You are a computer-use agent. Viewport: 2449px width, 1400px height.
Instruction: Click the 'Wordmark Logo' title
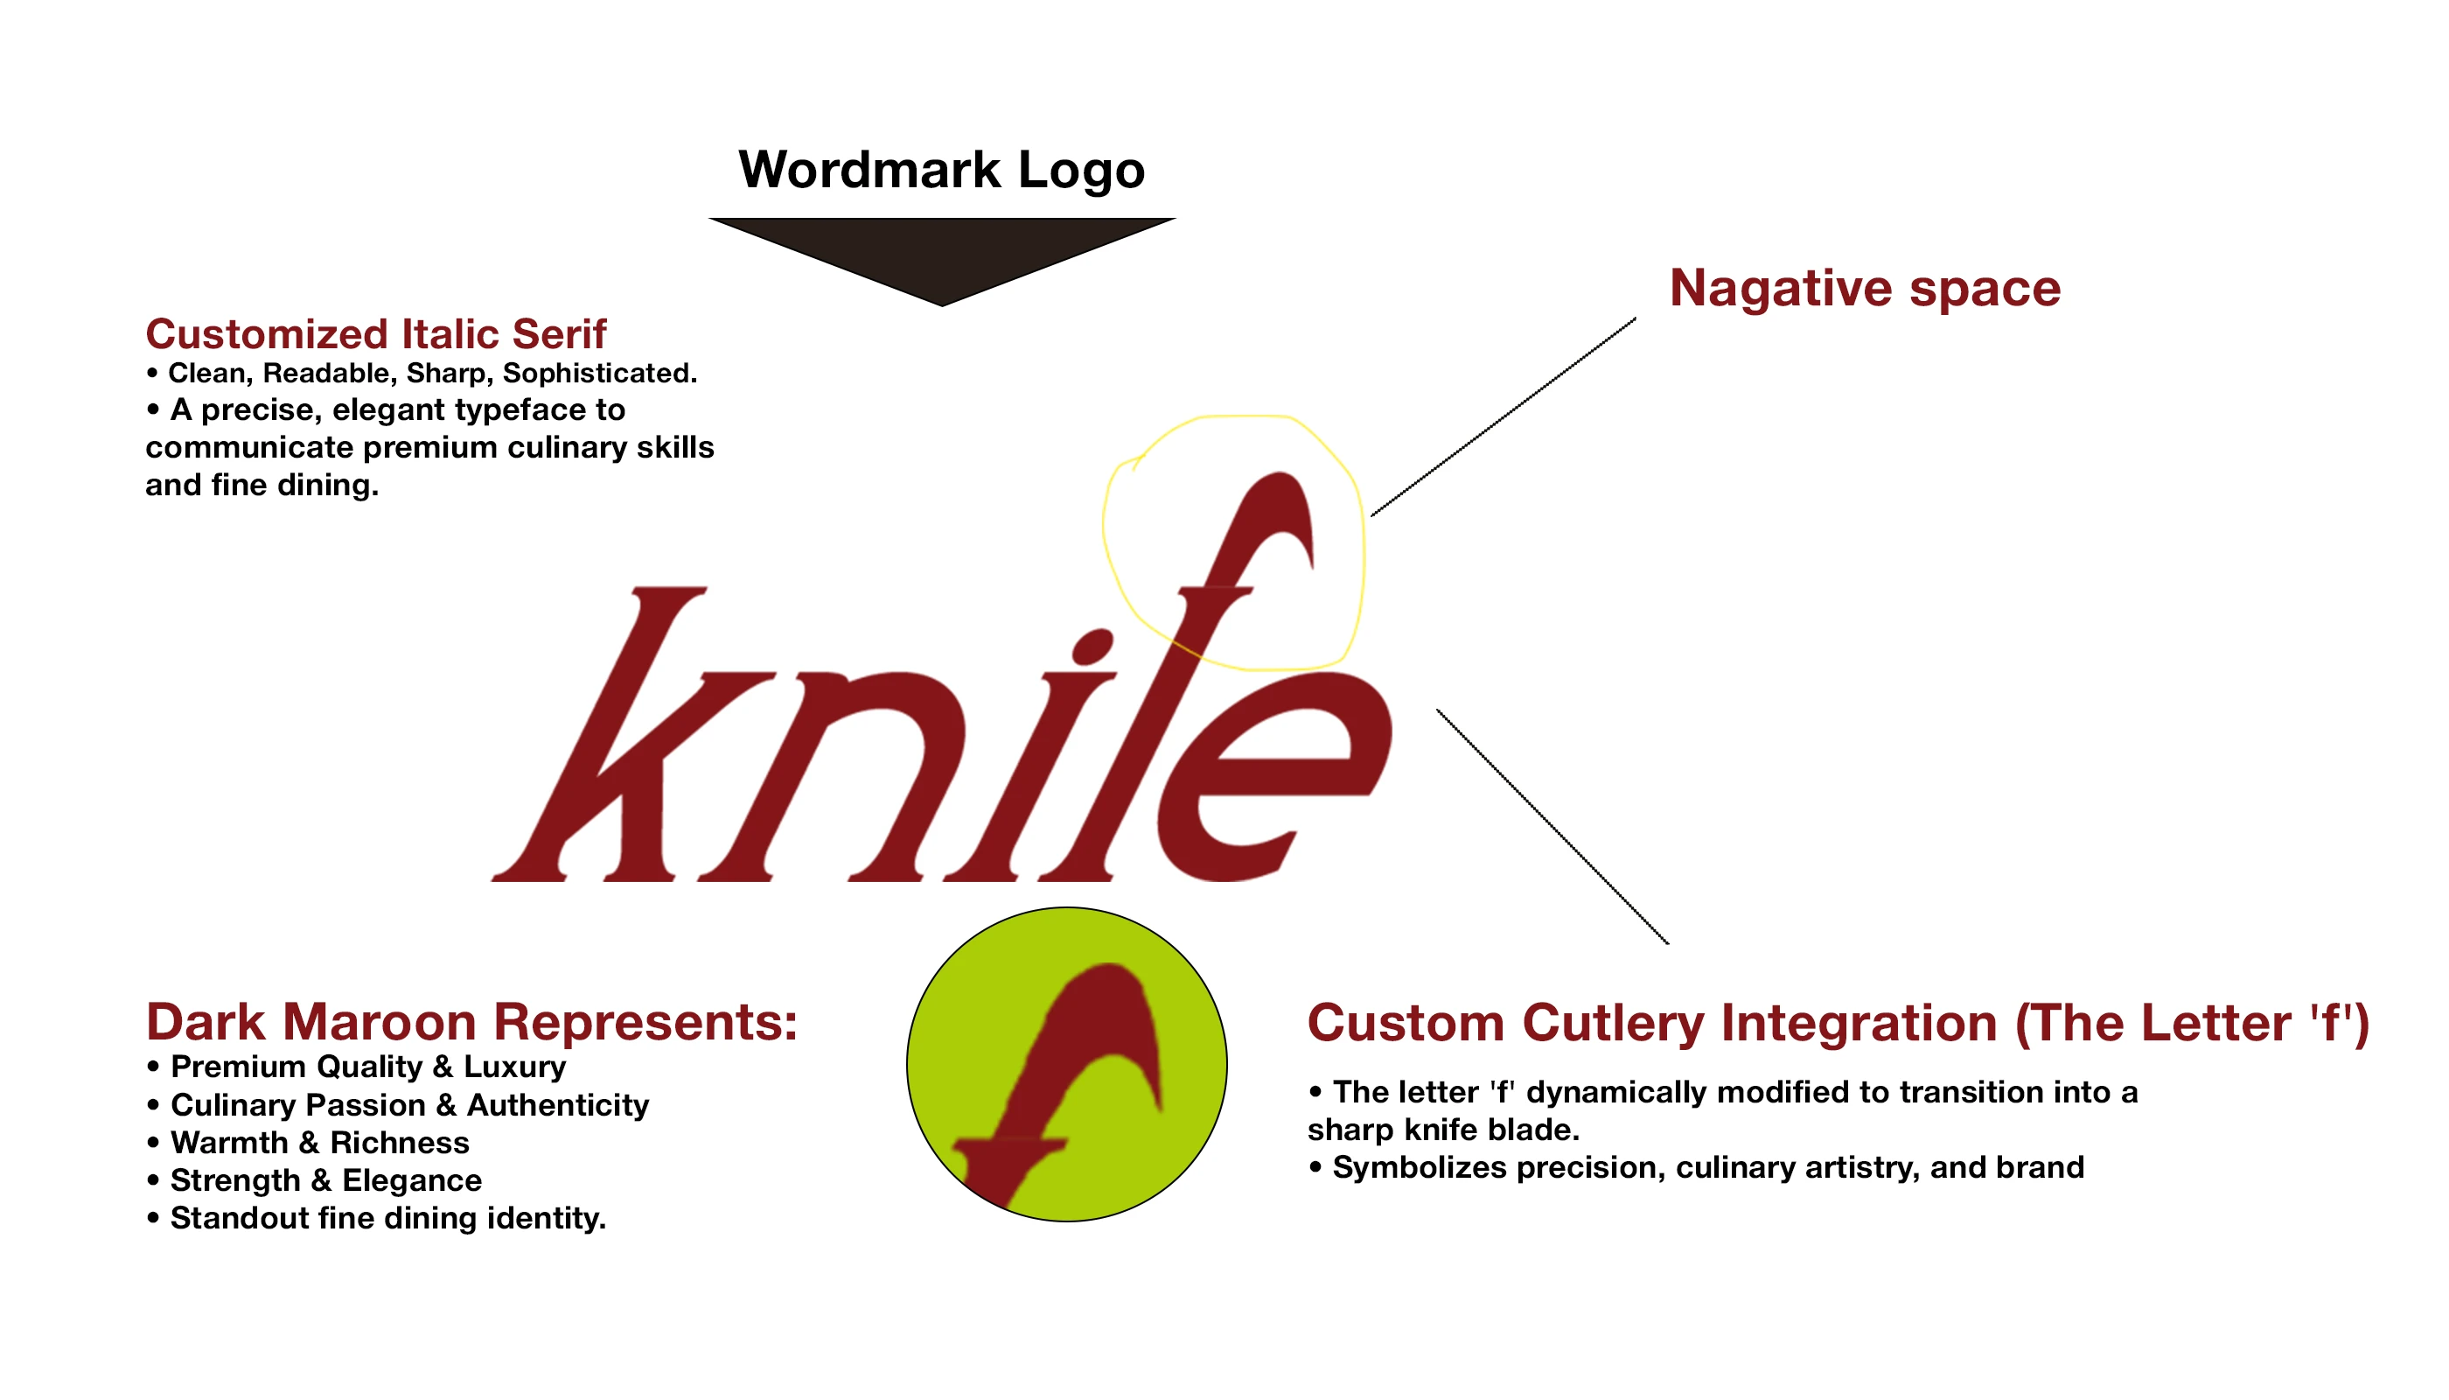[x=941, y=171]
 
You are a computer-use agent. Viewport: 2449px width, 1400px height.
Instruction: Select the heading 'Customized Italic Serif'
[x=376, y=334]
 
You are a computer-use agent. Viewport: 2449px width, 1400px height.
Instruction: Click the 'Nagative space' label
[x=1865, y=288]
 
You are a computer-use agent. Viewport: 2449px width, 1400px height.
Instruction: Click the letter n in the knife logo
[x=846, y=779]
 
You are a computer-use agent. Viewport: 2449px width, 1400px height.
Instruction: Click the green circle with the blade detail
[x=1067, y=1064]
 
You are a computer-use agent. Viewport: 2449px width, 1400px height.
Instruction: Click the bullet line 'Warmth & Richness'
[x=309, y=1144]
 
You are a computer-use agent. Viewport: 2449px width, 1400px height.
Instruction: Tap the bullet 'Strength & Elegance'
[x=314, y=1180]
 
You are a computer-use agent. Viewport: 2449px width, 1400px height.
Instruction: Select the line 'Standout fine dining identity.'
[x=377, y=1218]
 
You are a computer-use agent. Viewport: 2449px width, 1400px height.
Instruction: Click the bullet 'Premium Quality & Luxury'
[x=357, y=1067]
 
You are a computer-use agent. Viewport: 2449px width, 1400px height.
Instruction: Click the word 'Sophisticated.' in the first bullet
[x=600, y=373]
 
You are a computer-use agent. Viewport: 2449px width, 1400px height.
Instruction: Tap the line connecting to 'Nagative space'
[x=1504, y=417]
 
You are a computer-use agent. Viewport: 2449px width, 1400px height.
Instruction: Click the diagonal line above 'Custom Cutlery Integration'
[x=1552, y=827]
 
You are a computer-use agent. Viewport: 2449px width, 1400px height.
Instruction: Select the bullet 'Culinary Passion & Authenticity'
[x=398, y=1106]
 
